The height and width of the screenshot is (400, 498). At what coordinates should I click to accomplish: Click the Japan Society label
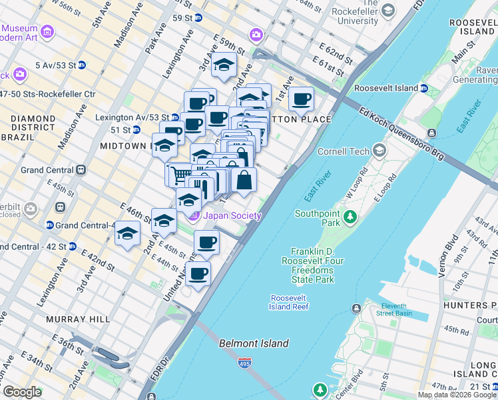[232, 215]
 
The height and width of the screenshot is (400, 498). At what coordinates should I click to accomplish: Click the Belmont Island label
[254, 343]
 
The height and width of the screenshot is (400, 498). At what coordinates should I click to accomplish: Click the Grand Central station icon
[81, 170]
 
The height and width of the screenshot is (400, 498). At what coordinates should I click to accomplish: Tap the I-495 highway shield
[244, 364]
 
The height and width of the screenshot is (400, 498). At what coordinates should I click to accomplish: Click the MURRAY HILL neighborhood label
[78, 319]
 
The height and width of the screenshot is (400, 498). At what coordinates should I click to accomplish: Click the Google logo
[22, 392]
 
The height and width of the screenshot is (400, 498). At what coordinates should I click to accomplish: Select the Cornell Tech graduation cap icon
[379, 151]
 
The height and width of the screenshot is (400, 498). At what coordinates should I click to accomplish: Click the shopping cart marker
[178, 175]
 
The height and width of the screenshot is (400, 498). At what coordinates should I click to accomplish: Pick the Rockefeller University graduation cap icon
[388, 11]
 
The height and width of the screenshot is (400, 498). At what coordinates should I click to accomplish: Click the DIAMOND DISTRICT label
[33, 119]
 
